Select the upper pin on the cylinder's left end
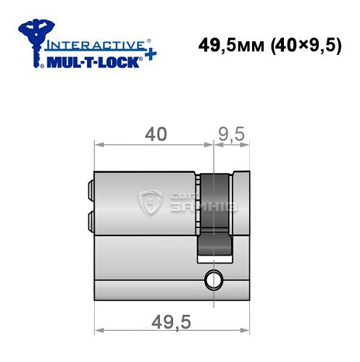pos(91,192)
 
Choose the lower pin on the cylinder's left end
pos(91,219)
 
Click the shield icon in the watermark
pos(152,203)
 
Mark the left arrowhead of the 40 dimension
pos(100,145)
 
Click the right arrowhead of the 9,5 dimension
pos(253,145)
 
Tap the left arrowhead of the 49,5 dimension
pos(100,329)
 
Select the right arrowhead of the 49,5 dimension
pos(253,329)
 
